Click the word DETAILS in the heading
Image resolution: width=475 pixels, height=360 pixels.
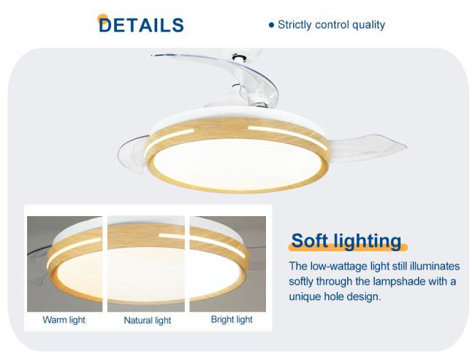pos(141,25)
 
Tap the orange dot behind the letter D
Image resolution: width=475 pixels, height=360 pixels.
pos(102,19)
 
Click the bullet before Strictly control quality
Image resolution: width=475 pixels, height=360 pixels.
pos(271,25)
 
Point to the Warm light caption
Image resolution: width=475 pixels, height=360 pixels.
pos(64,320)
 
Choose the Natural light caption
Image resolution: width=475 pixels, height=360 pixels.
pos(147,321)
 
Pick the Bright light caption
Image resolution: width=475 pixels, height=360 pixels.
pos(232,319)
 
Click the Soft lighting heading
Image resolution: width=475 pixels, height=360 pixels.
pos(346,241)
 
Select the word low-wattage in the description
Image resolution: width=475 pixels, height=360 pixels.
pos(338,266)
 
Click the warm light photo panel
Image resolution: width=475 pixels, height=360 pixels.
pos(64,264)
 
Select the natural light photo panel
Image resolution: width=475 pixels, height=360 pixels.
pos(146,264)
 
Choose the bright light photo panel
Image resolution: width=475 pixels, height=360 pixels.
pos(228,264)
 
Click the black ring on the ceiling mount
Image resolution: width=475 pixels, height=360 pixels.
pos(239,57)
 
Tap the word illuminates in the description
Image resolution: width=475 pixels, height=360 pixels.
pos(435,266)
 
